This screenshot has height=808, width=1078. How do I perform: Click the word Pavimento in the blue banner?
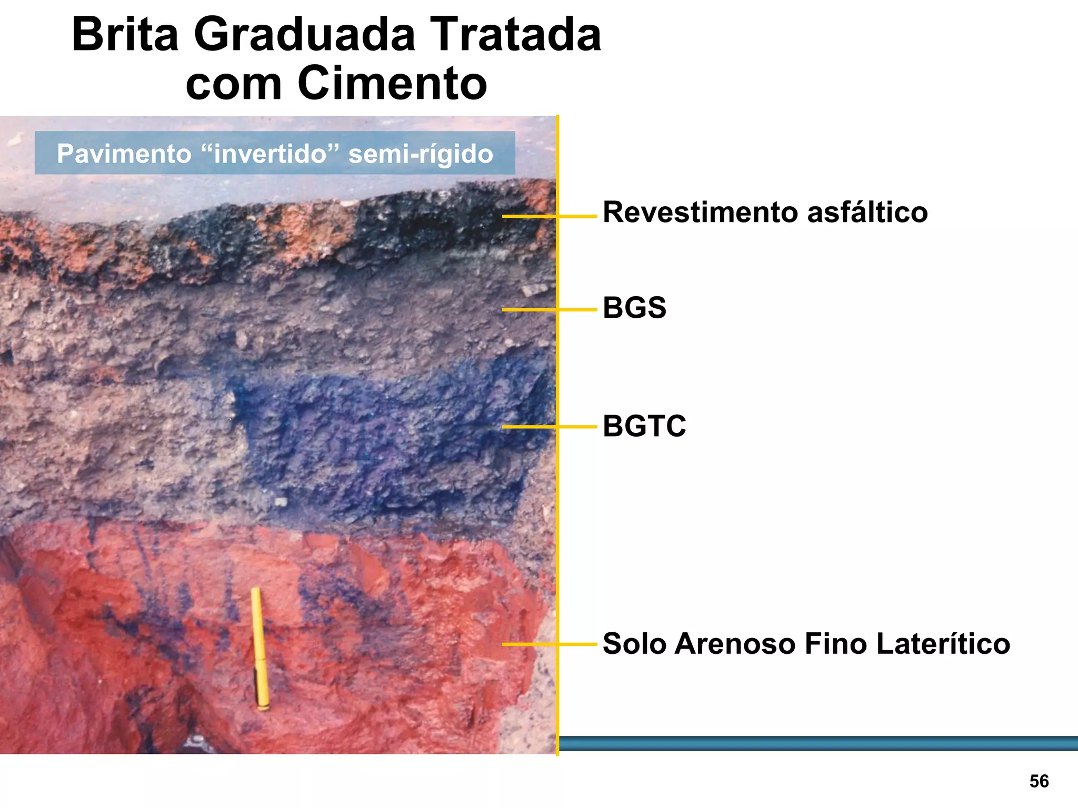tap(124, 154)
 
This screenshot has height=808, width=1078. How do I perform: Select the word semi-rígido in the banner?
tap(421, 154)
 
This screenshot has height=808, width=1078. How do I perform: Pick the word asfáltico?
tap(867, 213)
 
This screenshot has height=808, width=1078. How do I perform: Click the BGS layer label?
tap(634, 308)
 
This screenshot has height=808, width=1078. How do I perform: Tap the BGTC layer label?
tap(644, 426)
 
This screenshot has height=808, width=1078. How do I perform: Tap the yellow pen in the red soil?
tap(259, 649)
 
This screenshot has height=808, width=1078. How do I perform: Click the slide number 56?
tap(1039, 781)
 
